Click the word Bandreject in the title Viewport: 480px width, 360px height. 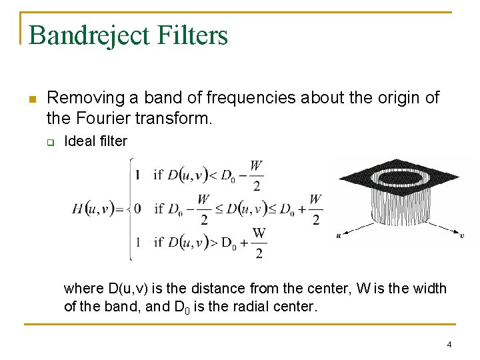pyautogui.click(x=89, y=35)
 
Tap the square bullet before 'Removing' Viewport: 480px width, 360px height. pyautogui.click(x=31, y=99)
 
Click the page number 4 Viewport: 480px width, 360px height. pyautogui.click(x=449, y=344)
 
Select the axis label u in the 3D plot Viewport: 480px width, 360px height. pyautogui.click(x=339, y=235)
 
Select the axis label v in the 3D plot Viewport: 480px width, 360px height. pyautogui.click(x=462, y=235)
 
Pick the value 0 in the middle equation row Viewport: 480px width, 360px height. pyautogui.click(x=137, y=209)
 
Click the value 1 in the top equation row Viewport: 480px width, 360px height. pyautogui.click(x=137, y=175)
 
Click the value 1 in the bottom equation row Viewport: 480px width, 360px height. pyautogui.click(x=137, y=242)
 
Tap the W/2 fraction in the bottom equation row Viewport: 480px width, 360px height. pyautogui.click(x=259, y=243)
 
